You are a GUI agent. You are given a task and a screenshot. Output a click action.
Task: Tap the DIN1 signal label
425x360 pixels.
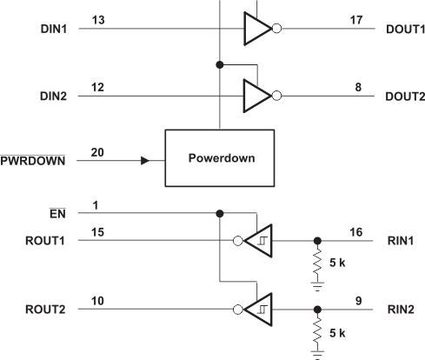54,29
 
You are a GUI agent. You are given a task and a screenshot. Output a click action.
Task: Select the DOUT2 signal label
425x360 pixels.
405,97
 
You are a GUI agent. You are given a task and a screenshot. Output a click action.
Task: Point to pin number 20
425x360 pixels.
97,152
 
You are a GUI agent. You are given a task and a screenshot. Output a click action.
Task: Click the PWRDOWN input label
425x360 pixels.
33,161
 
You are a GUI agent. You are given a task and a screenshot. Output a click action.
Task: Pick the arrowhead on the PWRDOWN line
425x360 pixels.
145,161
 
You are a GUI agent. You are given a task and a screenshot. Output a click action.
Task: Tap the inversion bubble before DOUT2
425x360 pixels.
277,96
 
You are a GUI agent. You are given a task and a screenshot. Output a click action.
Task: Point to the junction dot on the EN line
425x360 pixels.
220,214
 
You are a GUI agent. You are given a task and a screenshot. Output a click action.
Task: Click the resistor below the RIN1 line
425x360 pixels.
317,263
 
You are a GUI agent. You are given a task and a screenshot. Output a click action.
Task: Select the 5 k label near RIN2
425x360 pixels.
337,333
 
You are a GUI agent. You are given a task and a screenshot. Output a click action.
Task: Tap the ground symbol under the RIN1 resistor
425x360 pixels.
317,286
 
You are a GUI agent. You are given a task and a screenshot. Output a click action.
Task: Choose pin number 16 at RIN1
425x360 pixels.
356,232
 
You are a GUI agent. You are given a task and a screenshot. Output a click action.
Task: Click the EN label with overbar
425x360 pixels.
57,214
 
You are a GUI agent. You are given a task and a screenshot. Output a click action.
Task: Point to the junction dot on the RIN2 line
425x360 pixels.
317,310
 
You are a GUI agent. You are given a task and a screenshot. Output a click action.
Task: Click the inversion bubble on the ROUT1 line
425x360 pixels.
238,241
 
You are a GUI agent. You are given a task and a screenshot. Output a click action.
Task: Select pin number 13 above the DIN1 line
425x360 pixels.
98,20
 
